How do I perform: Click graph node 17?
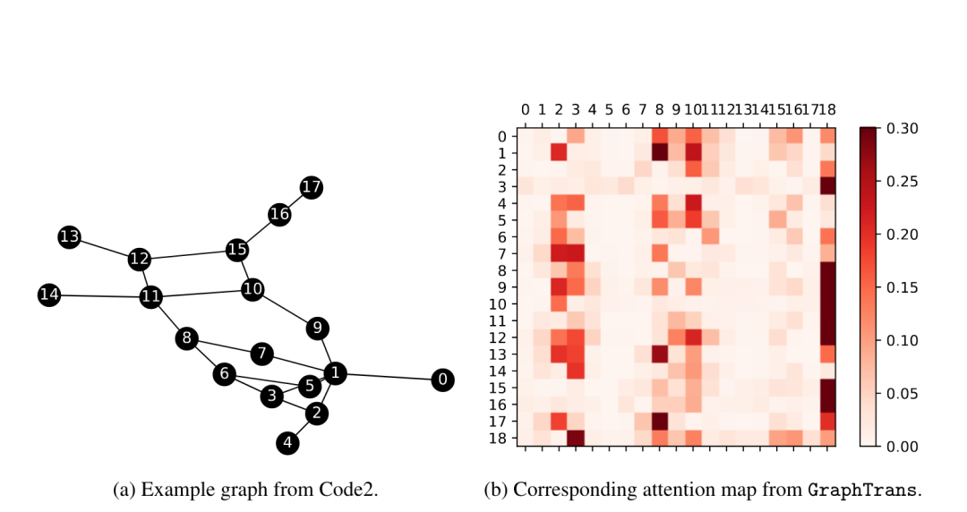click(312, 187)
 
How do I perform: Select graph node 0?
click(441, 380)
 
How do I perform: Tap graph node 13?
click(69, 237)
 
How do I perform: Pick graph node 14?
click(49, 294)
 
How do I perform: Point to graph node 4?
click(287, 442)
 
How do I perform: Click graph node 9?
click(317, 328)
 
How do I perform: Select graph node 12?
click(139, 260)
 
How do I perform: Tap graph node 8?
click(186, 338)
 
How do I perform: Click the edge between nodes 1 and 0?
click(388, 376)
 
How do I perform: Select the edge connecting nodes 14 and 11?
click(100, 295)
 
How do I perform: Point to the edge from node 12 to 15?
click(188, 254)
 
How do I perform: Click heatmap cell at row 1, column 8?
click(661, 153)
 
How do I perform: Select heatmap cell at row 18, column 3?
click(576, 437)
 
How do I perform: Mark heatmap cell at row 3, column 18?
click(827, 186)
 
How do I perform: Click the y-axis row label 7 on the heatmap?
click(502, 253)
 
